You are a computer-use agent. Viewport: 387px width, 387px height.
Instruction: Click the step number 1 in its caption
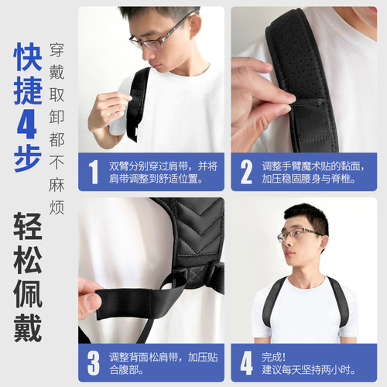[x=94, y=172]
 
